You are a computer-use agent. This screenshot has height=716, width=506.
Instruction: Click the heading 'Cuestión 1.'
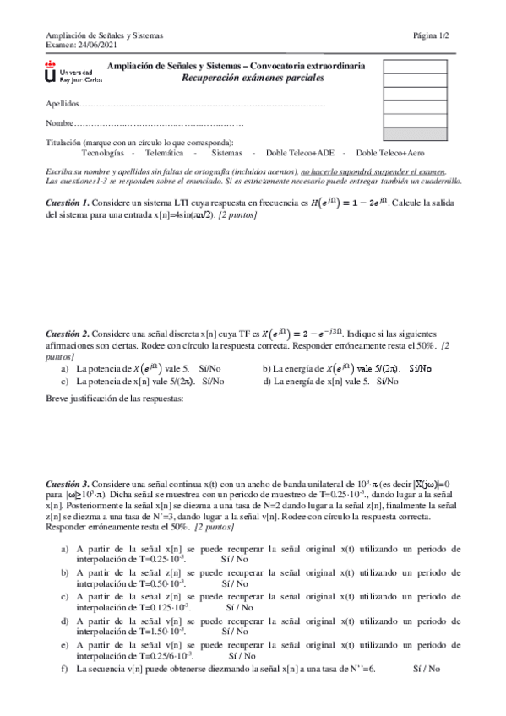67,203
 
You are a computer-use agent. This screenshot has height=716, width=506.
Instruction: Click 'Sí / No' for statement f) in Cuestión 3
427,669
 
